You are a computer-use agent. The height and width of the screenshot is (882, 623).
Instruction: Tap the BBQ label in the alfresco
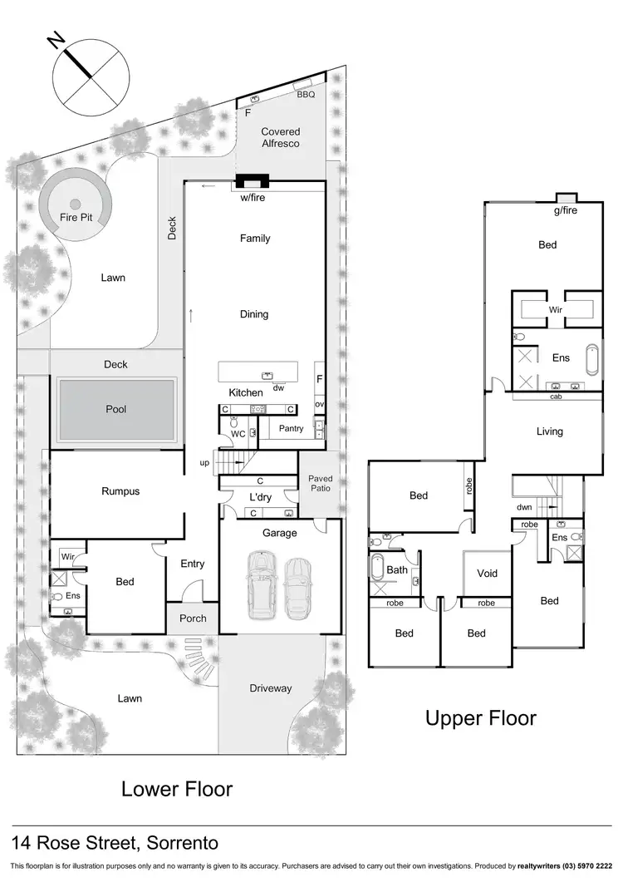[x=307, y=95]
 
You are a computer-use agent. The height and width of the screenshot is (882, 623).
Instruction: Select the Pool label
[x=116, y=410]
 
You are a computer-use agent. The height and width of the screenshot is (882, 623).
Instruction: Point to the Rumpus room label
[x=120, y=491]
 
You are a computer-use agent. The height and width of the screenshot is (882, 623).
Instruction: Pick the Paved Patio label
[x=320, y=484]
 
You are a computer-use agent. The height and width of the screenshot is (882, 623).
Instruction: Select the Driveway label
[x=271, y=688]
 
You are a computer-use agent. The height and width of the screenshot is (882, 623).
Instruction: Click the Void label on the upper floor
[x=487, y=574]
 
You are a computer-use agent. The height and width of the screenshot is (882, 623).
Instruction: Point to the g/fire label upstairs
[x=566, y=211]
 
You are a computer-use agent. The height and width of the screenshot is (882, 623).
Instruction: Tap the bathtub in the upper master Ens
[x=591, y=359]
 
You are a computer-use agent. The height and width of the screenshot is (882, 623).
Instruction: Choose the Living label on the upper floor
[x=550, y=431]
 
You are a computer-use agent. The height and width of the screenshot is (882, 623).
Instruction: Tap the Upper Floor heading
[x=481, y=717]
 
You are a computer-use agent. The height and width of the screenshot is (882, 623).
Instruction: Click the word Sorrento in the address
[x=183, y=844]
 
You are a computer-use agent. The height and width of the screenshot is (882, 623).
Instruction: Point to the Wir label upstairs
[x=556, y=309]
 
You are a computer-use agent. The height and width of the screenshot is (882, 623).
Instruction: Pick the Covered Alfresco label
[x=280, y=137]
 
